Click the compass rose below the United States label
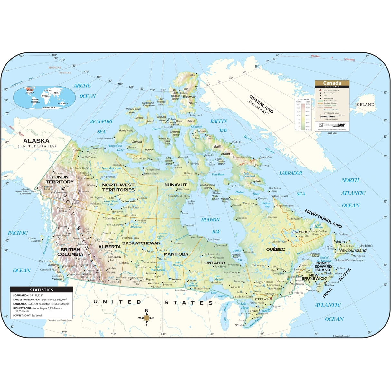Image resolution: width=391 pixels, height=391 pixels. (146, 318)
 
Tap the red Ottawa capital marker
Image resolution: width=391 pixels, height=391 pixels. (271, 298)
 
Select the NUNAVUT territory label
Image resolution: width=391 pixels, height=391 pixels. (176, 185)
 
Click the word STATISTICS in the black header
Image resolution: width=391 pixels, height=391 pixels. (42, 290)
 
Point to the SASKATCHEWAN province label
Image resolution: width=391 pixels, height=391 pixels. (141, 243)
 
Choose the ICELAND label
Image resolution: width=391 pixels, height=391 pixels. (365, 105)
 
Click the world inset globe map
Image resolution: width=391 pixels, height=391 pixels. (44, 97)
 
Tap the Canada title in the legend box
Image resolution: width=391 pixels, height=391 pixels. (332, 83)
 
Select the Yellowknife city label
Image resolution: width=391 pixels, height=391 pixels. (129, 201)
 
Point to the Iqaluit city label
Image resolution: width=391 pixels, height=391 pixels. (256, 181)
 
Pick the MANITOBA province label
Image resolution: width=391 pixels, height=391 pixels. (176, 254)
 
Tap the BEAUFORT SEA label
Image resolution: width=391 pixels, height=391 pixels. (101, 126)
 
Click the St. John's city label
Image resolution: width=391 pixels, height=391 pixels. (367, 246)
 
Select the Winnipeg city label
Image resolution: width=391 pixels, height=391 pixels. (175, 279)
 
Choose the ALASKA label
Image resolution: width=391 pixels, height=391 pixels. (36, 141)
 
